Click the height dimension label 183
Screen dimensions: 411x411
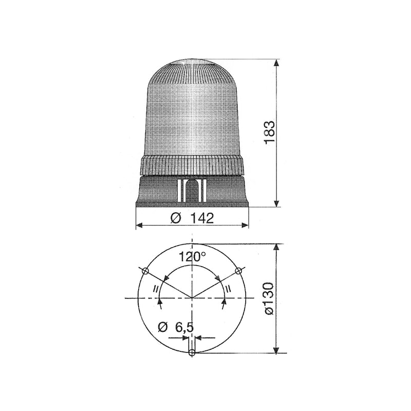[269, 133]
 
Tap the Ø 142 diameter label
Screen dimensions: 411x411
[192, 218]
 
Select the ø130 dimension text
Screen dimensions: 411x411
[268, 298]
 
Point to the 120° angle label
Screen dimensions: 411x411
[192, 257]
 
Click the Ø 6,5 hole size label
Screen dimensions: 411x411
[176, 327]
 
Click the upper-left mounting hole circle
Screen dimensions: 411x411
[145, 271]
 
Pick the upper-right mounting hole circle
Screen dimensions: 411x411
[238, 271]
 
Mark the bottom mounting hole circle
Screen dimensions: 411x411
[192, 352]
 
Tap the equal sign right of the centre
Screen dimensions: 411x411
[228, 289]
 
